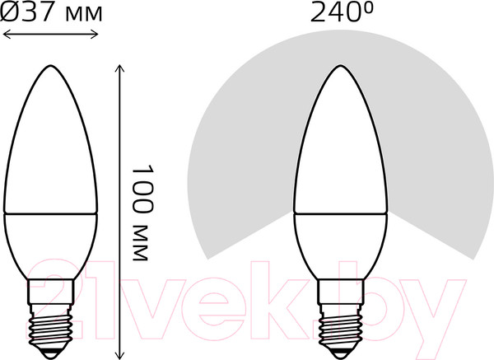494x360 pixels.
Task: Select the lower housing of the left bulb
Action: tap(52, 247)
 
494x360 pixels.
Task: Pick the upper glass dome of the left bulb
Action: tap(52, 148)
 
